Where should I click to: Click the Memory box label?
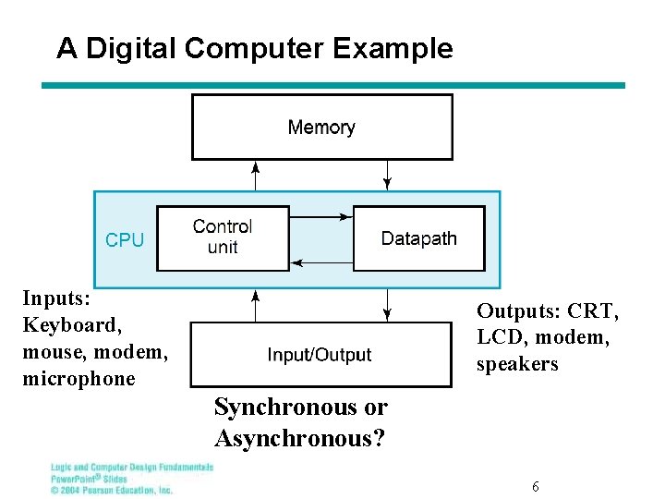coord(321,128)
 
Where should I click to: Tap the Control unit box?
coord(223,237)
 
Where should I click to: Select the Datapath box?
coord(418,238)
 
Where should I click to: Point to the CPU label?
coord(125,240)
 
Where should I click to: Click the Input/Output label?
coord(320,355)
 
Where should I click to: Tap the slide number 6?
coord(536,486)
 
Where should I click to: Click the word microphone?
coord(79,379)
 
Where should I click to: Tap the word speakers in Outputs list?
coord(517,364)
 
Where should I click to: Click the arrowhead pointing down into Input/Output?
coord(388,315)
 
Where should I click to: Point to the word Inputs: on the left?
coord(55,298)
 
